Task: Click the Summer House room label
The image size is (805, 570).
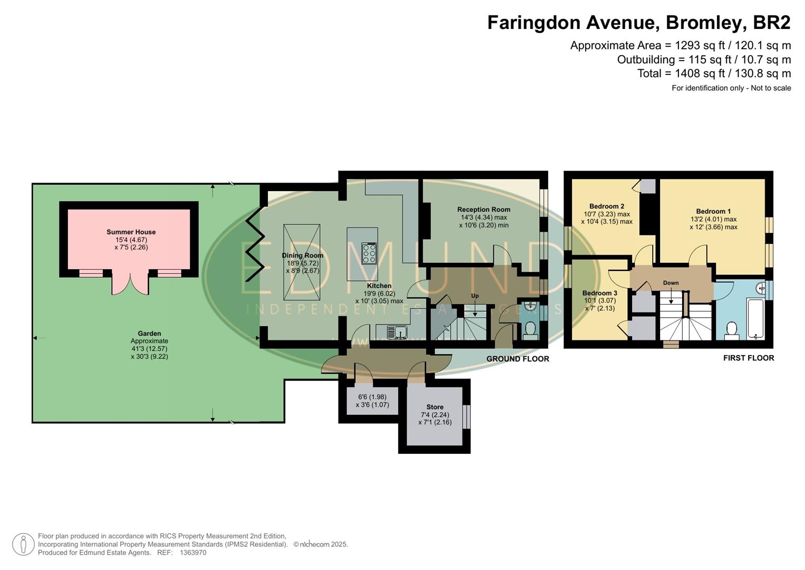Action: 131,232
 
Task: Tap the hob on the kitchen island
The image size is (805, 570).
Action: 369,253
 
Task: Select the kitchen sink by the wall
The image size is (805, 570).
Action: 396,332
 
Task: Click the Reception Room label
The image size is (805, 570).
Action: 483,210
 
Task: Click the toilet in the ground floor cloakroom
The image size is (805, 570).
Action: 530,330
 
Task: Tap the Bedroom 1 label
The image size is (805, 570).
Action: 713,211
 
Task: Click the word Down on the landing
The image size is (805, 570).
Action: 671,283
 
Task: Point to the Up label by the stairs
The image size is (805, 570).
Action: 474,296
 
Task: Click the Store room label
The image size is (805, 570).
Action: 434,407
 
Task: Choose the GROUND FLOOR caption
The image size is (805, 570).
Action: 517,359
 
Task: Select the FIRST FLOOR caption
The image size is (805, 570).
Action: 748,358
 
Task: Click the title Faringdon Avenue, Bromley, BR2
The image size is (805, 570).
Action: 638,23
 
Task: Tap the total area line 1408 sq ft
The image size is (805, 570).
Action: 714,73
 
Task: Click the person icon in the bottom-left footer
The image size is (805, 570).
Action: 23,544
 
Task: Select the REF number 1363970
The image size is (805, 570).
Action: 192,553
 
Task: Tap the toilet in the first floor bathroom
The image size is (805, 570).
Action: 731,330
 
